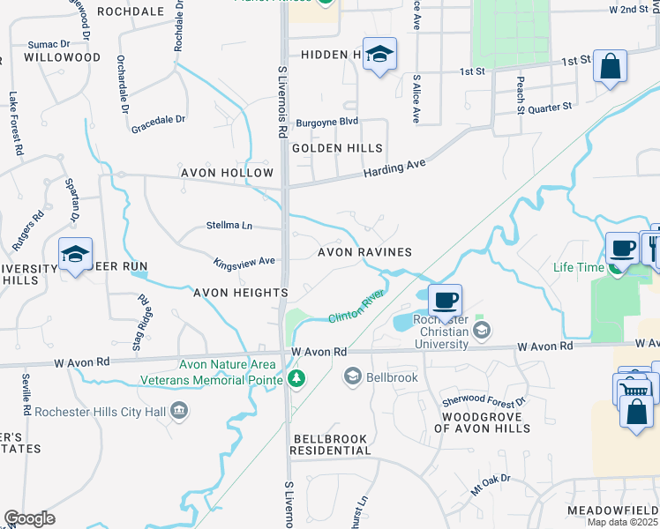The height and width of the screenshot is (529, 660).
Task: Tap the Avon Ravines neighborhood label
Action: point(364,252)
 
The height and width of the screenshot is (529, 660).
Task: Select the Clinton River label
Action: point(356,304)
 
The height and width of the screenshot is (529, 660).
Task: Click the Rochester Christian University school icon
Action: point(481,331)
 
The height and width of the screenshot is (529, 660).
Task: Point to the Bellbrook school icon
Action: point(352,377)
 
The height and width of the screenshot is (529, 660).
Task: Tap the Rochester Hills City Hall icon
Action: point(179,409)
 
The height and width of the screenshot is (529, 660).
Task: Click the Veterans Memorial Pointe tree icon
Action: point(297,379)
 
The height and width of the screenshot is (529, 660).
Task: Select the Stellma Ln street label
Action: point(229,226)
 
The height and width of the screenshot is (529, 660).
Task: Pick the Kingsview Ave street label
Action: point(244,262)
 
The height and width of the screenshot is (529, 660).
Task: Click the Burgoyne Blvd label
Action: point(326,121)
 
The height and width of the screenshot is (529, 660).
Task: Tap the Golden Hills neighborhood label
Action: point(338,148)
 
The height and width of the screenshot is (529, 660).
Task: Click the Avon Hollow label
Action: point(227,173)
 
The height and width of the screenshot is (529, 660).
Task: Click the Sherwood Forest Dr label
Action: point(484,401)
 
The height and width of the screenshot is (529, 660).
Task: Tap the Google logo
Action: point(29,518)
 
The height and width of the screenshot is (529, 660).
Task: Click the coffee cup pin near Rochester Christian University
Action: point(445,300)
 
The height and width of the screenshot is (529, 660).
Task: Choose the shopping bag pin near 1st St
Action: point(610,66)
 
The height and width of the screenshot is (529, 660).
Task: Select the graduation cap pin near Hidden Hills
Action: point(379,55)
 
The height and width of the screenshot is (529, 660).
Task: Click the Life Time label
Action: point(578,267)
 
